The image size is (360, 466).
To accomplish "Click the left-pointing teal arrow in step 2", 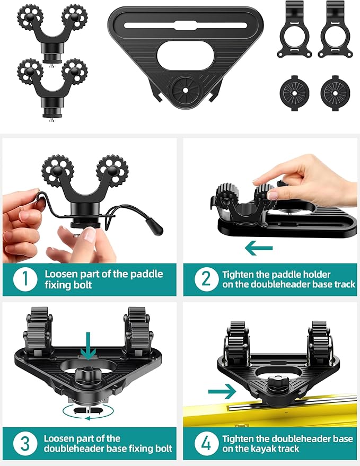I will click(259, 248).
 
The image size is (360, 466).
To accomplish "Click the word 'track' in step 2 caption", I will click(341, 285).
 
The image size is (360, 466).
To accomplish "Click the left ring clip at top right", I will click(293, 31).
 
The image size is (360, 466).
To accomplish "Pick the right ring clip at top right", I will click(333, 31).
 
